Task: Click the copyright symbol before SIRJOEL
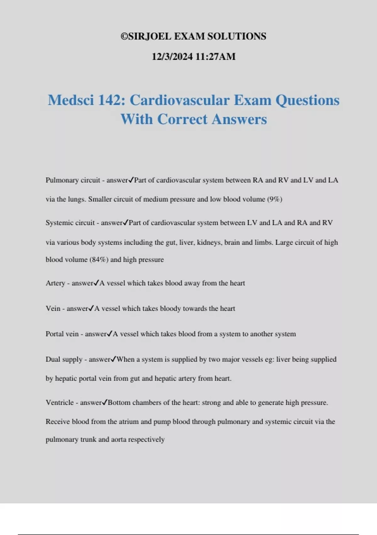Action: coord(124,37)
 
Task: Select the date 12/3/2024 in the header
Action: coord(172,57)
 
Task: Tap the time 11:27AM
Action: coord(216,57)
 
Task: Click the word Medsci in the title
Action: coord(71,100)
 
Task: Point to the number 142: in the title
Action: coord(112,100)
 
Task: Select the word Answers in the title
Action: coord(239,119)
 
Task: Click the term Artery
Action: coord(55,283)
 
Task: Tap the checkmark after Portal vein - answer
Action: coord(110,334)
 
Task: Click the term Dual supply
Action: coord(64,359)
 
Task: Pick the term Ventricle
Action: coord(60,403)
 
